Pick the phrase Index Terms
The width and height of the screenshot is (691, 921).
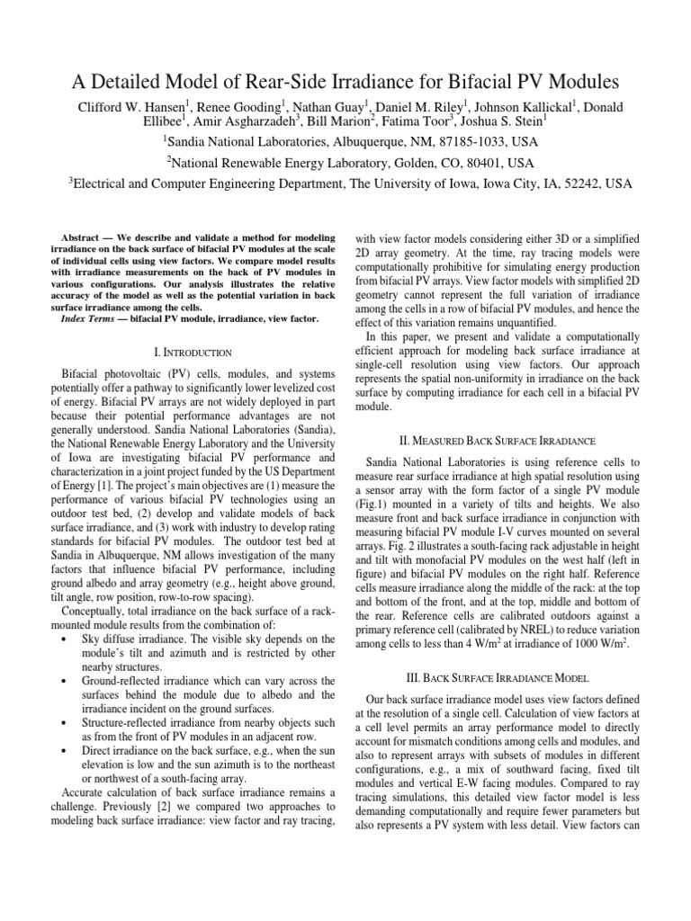click(97, 318)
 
